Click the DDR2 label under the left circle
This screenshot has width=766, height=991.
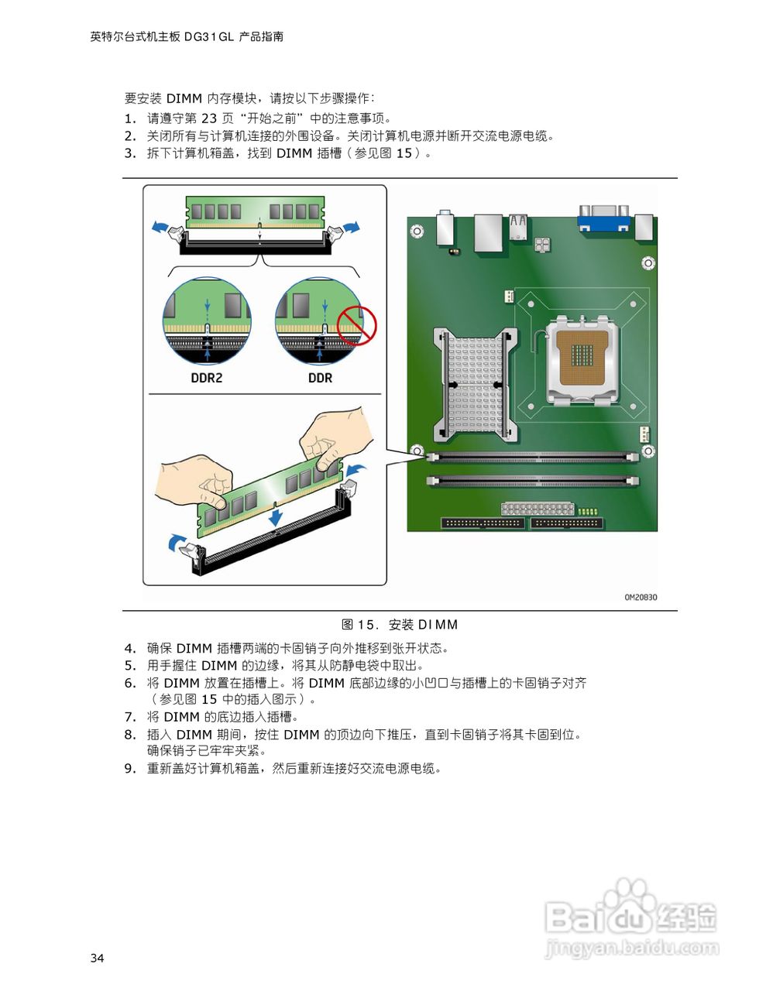[206, 378]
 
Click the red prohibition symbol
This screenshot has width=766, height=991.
[356, 325]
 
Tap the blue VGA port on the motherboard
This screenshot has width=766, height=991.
[603, 218]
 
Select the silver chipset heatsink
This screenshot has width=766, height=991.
[475, 384]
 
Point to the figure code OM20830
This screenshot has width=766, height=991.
[641, 597]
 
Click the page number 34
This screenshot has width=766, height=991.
[97, 958]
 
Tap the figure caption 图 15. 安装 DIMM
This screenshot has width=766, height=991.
[400, 625]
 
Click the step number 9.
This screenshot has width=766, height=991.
[129, 769]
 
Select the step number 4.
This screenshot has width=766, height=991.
[129, 649]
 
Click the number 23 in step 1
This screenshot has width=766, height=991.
[209, 118]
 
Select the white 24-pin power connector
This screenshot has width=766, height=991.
[537, 509]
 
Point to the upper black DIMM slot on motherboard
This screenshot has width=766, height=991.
[532, 458]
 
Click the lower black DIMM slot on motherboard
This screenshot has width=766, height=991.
[532, 481]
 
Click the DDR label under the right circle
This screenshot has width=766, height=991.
[320, 378]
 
